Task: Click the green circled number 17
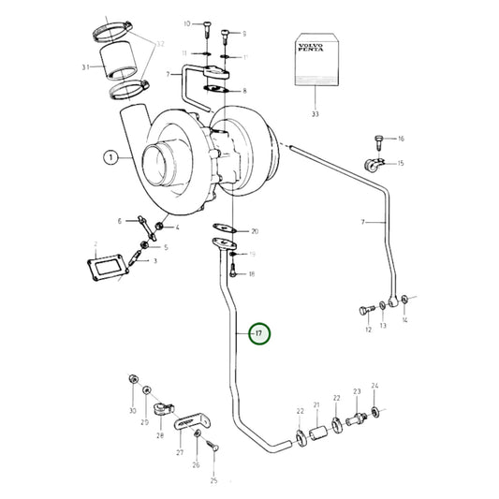(x=259, y=332)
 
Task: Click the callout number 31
(x=85, y=67)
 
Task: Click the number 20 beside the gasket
(x=256, y=230)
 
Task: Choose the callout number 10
(x=186, y=22)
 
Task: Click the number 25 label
(x=213, y=479)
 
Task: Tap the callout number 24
(x=374, y=385)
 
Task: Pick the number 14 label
(x=405, y=320)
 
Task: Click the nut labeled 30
(x=133, y=380)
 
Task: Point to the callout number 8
(x=244, y=91)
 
